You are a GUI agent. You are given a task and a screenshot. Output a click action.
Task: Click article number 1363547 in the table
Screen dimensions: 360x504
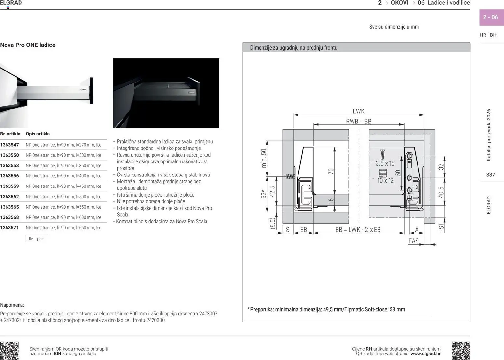pos(9,145)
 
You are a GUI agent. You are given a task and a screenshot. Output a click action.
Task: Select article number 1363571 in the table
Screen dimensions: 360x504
pos(9,228)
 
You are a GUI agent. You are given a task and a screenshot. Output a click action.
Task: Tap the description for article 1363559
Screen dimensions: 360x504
pos(63,186)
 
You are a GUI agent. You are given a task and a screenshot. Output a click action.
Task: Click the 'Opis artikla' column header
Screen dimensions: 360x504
pos(38,134)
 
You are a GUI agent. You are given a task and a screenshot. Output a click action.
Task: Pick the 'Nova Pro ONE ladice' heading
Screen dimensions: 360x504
pos(28,45)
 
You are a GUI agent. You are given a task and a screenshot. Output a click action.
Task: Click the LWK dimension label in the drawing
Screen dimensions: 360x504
pos(358,111)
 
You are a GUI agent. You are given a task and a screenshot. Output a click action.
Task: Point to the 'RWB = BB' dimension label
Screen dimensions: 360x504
pos(358,122)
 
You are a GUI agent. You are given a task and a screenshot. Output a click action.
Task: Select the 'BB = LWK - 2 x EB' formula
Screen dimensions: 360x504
pos(358,230)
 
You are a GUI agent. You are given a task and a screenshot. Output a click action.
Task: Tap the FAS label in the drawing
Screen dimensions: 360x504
pos(413,241)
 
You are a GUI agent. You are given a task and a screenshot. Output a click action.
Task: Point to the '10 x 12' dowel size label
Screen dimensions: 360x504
pos(385,181)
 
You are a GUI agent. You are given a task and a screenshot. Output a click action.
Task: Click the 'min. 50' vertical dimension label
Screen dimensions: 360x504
pos(264,158)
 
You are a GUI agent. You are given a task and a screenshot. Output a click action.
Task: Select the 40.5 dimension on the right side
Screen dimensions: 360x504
pos(441,192)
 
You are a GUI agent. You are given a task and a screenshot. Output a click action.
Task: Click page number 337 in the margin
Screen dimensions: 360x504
pos(490,175)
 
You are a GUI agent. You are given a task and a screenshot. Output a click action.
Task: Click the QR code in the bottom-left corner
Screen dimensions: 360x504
pos(9,351)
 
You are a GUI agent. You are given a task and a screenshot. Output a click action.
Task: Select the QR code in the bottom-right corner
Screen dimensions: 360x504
pos(460,351)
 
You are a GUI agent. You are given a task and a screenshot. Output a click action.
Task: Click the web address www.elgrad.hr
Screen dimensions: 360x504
pos(425,354)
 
